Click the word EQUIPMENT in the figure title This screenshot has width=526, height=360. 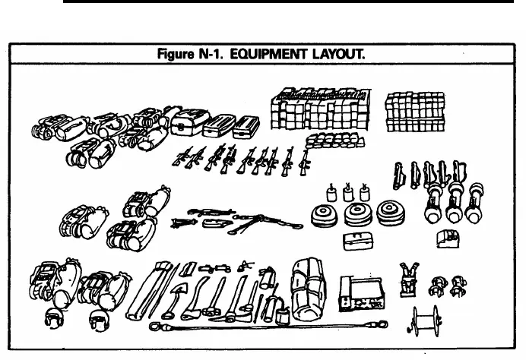pyautogui.click(x=268, y=54)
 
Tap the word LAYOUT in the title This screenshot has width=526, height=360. pyautogui.click(x=339, y=54)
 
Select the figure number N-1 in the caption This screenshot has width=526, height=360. pyautogui.click(x=211, y=54)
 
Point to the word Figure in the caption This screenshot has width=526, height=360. pyautogui.click(x=176, y=54)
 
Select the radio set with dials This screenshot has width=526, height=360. pyautogui.click(x=362, y=294)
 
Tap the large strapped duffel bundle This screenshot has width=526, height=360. pyautogui.click(x=308, y=290)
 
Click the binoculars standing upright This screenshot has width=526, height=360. pyautogui.click(x=409, y=280)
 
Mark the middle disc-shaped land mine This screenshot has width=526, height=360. pyautogui.click(x=358, y=213)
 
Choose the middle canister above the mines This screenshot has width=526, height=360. pyautogui.click(x=348, y=192)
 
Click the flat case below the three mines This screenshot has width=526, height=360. pyautogui.click(x=358, y=242)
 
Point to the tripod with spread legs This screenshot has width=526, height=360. pyautogui.click(x=265, y=223)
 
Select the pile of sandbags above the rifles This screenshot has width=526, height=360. pyautogui.click(x=334, y=141)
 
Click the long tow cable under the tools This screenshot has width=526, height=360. pyautogui.click(x=268, y=325)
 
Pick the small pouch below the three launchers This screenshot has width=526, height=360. pyautogui.click(x=448, y=238)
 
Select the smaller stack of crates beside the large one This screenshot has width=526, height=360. pyautogui.click(x=415, y=112)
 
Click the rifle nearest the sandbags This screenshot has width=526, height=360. pyautogui.click(x=305, y=163)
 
